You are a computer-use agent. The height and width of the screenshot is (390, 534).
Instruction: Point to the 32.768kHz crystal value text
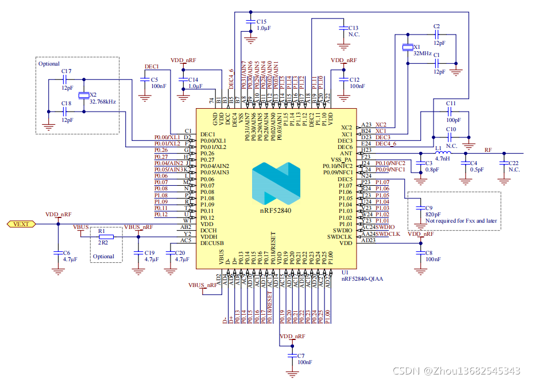(103, 102)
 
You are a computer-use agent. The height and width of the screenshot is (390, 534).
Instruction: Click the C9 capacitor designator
(429, 208)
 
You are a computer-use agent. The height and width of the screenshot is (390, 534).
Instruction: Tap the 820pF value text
(434, 214)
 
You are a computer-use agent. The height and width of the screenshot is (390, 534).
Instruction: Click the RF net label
(488, 150)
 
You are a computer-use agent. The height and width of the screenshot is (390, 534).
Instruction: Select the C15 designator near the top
(261, 21)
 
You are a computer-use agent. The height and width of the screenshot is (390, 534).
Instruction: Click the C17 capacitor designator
(66, 71)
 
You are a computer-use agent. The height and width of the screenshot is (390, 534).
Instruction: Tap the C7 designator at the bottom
(301, 356)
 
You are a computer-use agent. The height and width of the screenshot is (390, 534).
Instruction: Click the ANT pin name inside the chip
(346, 154)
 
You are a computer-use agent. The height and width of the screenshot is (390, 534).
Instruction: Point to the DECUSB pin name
(211, 243)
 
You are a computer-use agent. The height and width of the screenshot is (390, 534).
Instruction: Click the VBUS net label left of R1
(81, 227)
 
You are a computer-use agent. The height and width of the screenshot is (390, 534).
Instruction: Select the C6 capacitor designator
(67, 253)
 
